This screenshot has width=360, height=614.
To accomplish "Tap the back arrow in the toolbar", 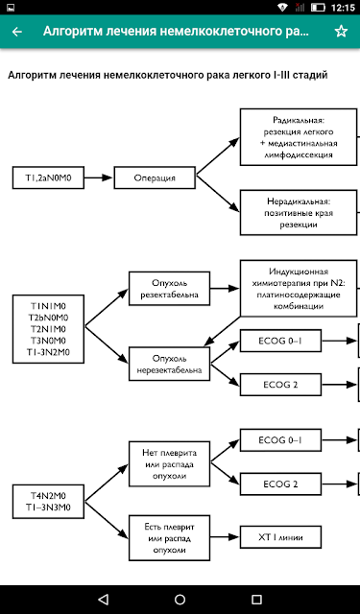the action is (x=17, y=32).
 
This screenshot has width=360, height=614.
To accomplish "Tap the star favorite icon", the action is (x=341, y=32).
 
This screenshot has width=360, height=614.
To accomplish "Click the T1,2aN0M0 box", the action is (x=48, y=177).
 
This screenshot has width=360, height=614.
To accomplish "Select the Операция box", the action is (x=155, y=177).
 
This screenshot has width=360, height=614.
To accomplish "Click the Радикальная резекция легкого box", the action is (x=300, y=137).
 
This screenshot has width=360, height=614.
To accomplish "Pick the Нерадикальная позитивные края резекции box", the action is (x=300, y=213).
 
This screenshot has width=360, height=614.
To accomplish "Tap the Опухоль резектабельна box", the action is (x=169, y=289).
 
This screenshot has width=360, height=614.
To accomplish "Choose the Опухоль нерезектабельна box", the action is (x=169, y=364).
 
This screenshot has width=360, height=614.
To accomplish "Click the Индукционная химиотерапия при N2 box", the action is (x=300, y=288).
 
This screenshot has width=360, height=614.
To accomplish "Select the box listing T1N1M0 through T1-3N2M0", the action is (x=48, y=329).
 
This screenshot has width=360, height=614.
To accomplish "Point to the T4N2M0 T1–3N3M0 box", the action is (x=48, y=502).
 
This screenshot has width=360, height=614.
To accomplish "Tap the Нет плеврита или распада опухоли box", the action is (x=169, y=464).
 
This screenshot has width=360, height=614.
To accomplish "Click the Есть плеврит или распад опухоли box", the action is (x=169, y=537).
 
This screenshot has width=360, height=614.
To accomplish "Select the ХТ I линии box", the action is (x=280, y=537).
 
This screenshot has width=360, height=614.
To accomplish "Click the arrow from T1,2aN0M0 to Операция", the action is (x=99, y=177).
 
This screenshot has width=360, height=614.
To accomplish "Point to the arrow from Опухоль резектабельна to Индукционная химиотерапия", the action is (x=225, y=289).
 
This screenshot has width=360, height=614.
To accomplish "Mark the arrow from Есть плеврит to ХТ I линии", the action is (x=225, y=537).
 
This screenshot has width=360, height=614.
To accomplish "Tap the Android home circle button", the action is (x=180, y=599).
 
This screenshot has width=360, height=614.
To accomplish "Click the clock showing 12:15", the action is (x=343, y=8).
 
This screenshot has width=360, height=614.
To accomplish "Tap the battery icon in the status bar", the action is (x=318, y=8).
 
